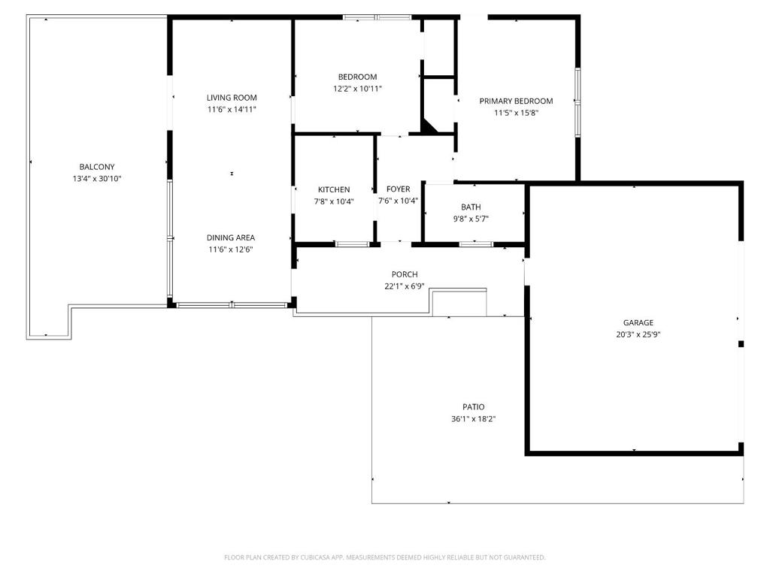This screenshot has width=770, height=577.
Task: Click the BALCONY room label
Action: tap(97, 167)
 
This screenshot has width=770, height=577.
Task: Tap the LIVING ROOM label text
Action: tap(232, 98)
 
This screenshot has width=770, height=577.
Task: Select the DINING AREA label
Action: tap(230, 237)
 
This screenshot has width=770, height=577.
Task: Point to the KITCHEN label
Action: tap(334, 189)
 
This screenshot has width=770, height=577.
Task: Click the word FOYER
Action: tap(399, 189)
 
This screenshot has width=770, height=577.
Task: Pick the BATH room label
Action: tap(471, 207)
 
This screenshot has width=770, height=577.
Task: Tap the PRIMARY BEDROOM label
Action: tap(516, 101)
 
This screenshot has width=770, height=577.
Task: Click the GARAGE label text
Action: tap(638, 322)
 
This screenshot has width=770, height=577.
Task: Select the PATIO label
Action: tap(474, 406)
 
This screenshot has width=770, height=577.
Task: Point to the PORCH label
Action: tap(405, 274)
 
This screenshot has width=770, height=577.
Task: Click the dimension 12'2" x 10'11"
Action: tap(357, 89)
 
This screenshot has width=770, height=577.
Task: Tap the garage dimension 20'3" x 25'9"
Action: tap(638, 334)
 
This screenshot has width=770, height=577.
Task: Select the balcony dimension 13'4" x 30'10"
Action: tap(97, 179)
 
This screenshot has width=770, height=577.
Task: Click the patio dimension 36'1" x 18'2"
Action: tap(474, 419)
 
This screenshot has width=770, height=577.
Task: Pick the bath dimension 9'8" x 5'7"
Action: tap(471, 219)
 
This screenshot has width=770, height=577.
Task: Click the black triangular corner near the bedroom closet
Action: tap(428, 125)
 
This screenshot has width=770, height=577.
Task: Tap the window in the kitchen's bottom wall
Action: tap(352, 244)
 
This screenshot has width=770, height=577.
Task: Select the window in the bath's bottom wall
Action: tap(476, 244)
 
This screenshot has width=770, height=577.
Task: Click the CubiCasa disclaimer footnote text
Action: tap(384, 557)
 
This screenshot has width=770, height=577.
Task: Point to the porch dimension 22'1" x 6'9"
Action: tap(404, 286)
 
